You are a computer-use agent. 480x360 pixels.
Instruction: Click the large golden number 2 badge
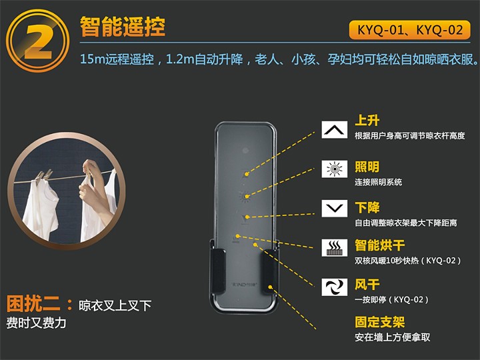click(x=37, y=41)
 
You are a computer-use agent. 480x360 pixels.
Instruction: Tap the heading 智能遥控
click(x=123, y=27)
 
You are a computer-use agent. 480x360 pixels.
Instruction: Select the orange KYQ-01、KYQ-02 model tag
click(x=409, y=30)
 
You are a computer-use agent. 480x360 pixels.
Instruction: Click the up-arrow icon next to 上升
click(x=334, y=129)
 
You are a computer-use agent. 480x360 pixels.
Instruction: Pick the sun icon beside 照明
click(x=334, y=169)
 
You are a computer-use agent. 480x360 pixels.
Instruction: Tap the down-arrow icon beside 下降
click(x=334, y=209)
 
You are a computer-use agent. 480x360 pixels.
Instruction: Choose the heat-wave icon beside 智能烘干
click(x=334, y=247)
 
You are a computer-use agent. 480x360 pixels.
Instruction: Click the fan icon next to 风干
click(x=334, y=287)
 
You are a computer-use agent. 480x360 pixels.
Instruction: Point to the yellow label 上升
click(x=367, y=120)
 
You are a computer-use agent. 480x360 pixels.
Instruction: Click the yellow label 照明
click(x=367, y=167)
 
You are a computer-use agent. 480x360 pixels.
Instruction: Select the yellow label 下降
click(x=367, y=207)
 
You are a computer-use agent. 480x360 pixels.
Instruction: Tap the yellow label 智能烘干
click(x=379, y=245)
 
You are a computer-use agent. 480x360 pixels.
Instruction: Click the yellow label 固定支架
click(x=379, y=322)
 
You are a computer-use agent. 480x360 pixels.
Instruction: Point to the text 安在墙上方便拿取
click(x=393, y=337)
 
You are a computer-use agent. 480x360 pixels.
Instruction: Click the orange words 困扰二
click(x=33, y=303)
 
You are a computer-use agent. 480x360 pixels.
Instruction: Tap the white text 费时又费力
click(x=36, y=323)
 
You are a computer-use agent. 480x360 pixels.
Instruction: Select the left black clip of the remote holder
click(x=218, y=271)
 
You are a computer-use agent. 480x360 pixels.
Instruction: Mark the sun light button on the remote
click(x=245, y=197)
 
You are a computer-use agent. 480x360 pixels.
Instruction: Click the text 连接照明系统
click(x=379, y=182)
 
